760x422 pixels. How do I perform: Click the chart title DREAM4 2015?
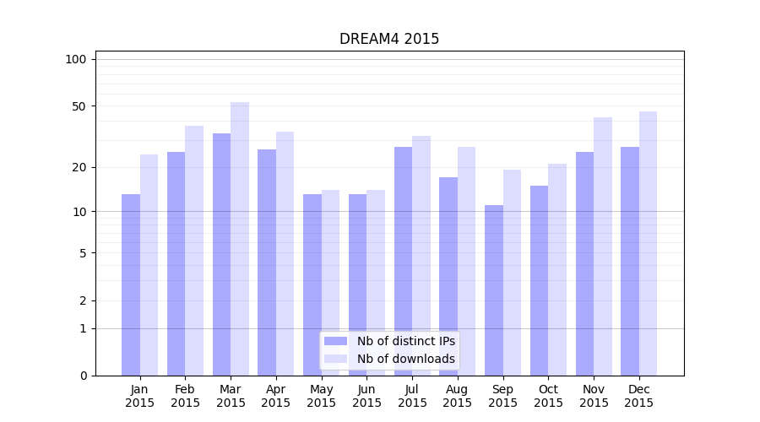[x=389, y=39]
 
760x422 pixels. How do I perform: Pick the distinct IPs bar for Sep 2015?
[x=494, y=290]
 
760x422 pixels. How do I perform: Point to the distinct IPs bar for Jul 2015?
[x=403, y=261]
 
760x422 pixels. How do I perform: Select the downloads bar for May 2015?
[x=331, y=283]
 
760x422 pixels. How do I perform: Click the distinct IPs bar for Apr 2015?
[x=267, y=262]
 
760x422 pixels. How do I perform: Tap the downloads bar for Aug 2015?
[x=467, y=261]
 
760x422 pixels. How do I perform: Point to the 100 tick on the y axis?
[x=76, y=59]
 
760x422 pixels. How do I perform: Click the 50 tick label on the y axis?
[x=79, y=106]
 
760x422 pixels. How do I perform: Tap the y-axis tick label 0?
[x=83, y=376]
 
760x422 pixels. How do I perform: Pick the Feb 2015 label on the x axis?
[x=185, y=396]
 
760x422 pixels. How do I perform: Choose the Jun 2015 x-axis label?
[x=366, y=396]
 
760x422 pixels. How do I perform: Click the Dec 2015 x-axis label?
[x=639, y=396]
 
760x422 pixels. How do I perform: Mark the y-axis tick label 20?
[x=79, y=167]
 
